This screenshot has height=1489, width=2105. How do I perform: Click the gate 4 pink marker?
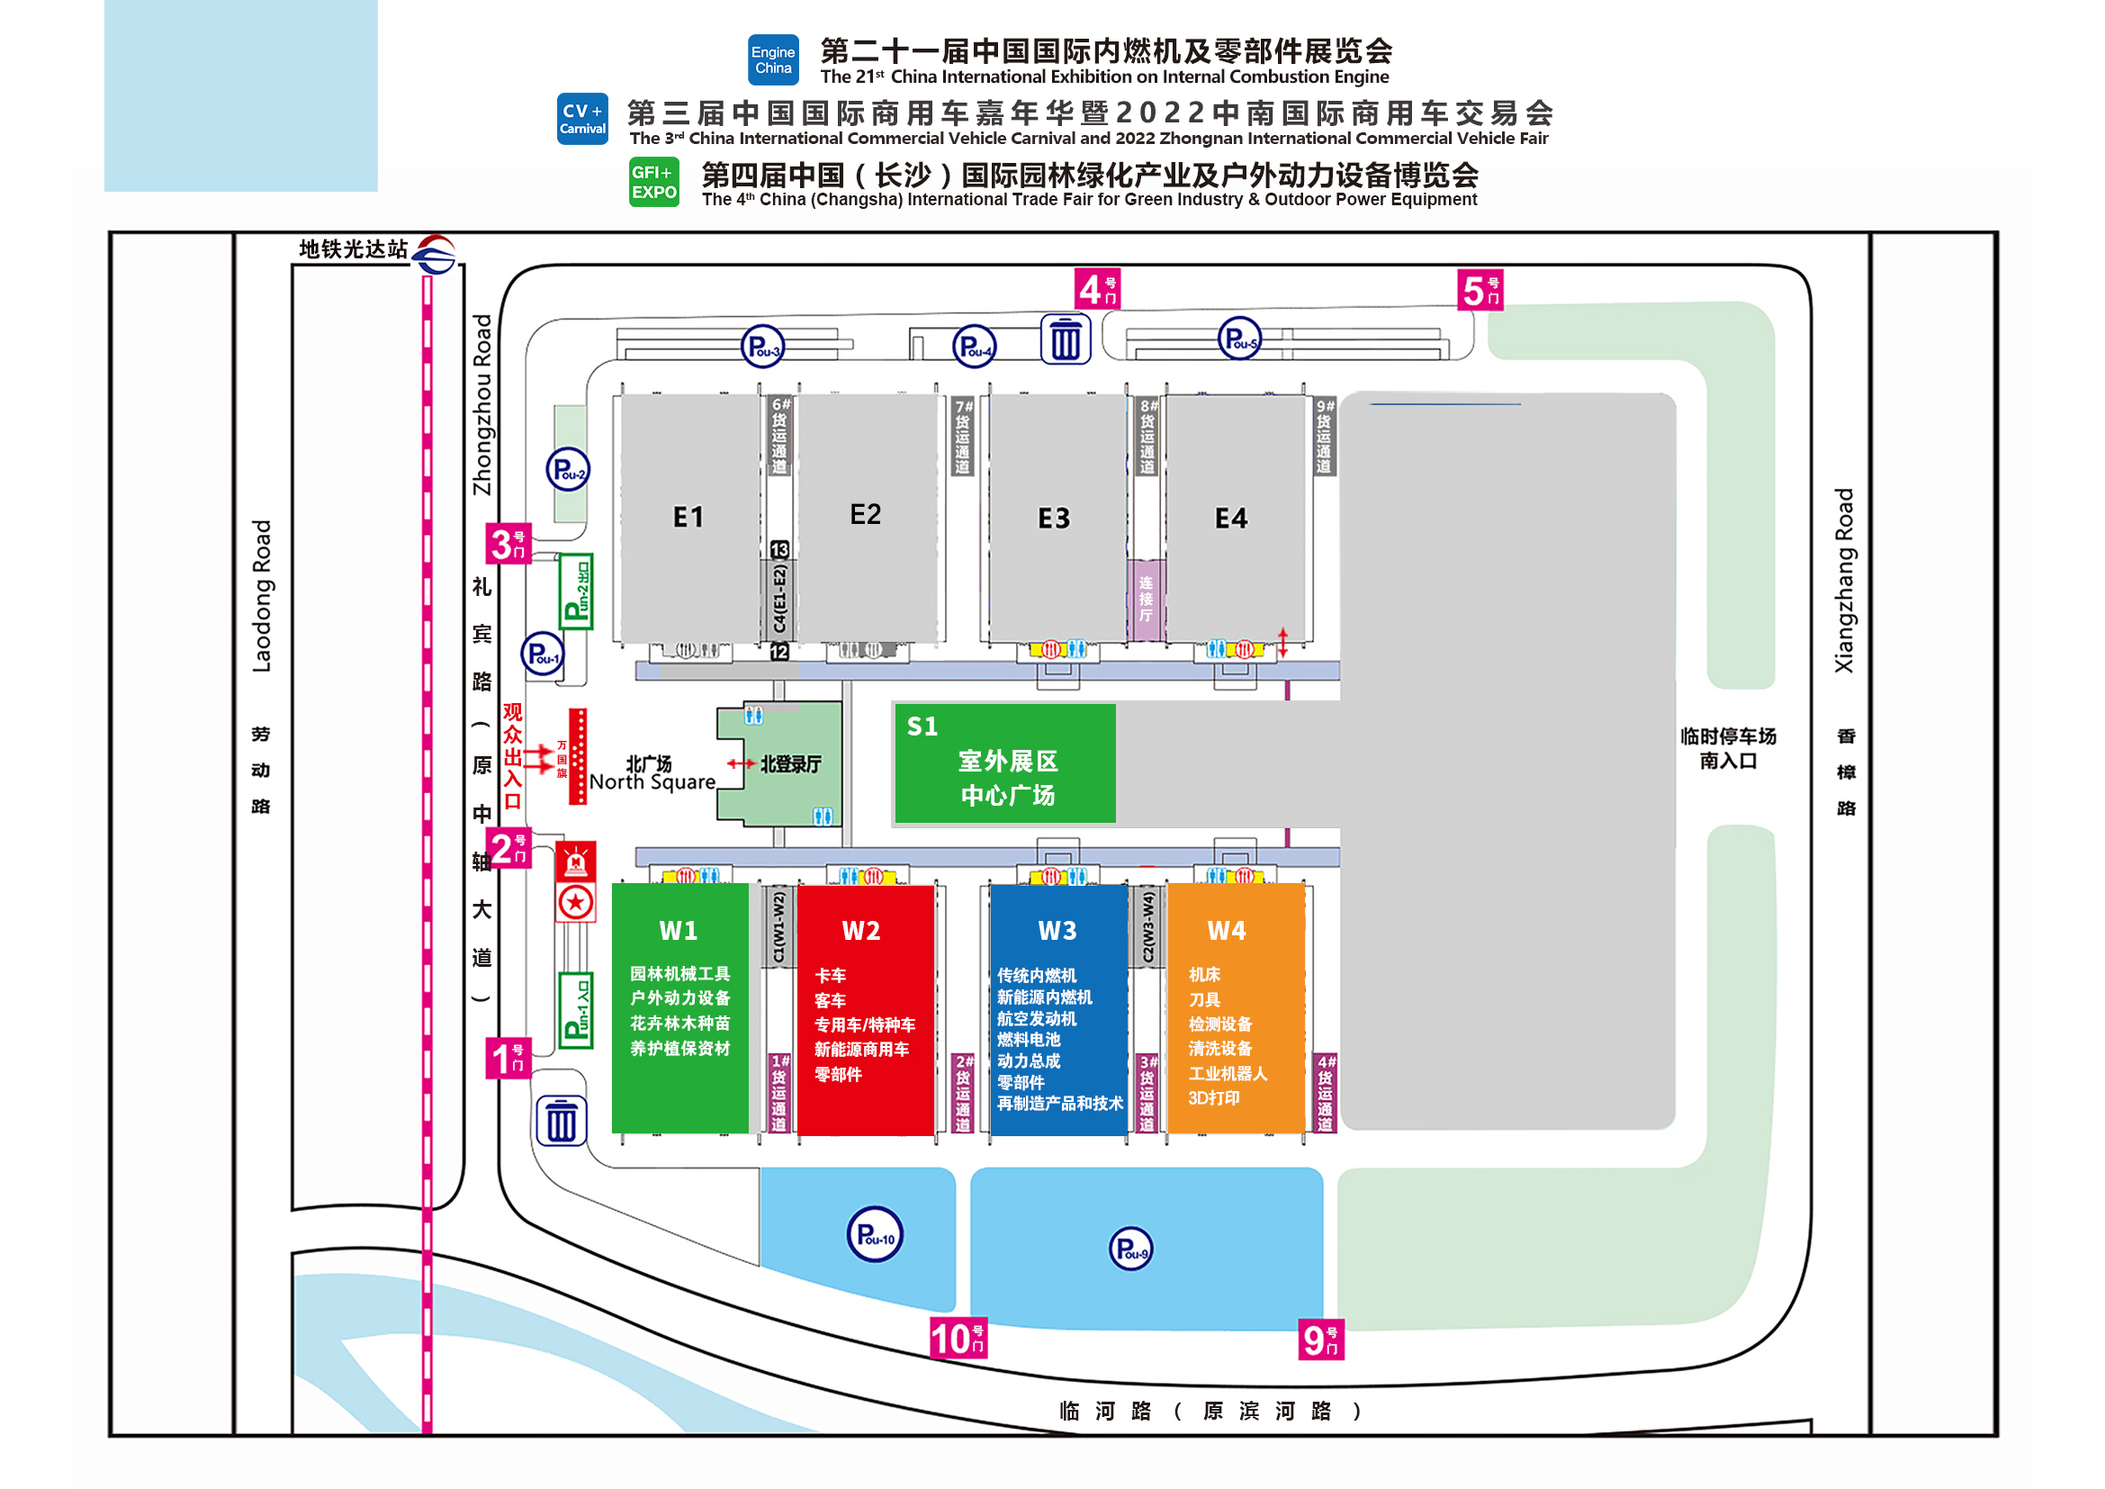tap(1096, 290)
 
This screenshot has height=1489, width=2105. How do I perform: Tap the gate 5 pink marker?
tap(1480, 291)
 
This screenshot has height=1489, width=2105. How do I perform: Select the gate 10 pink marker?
tap(958, 1339)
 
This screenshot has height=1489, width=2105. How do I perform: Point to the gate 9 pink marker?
tap(1321, 1340)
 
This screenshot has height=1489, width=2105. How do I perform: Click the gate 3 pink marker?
tap(508, 544)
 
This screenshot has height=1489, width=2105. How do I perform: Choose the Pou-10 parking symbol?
tap(875, 1234)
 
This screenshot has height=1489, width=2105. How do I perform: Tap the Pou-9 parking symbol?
tap(1130, 1249)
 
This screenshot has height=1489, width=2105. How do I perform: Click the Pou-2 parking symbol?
tap(568, 470)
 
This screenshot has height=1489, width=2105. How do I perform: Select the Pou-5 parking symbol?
tap(1238, 339)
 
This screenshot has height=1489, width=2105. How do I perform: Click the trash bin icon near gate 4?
tap(1066, 339)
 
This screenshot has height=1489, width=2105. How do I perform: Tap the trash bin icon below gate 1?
tap(561, 1121)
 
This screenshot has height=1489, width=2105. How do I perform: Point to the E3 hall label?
tap(1054, 519)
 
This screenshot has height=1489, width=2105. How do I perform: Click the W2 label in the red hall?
tap(861, 932)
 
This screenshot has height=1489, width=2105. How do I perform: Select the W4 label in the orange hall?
tap(1226, 932)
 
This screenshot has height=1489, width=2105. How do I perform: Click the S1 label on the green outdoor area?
tap(922, 727)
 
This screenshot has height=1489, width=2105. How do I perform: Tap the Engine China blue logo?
tap(773, 60)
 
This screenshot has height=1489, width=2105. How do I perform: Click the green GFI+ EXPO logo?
tap(653, 182)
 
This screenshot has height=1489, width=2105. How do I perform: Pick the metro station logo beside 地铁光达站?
tap(435, 254)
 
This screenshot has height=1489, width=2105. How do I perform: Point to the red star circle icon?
tap(576, 903)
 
